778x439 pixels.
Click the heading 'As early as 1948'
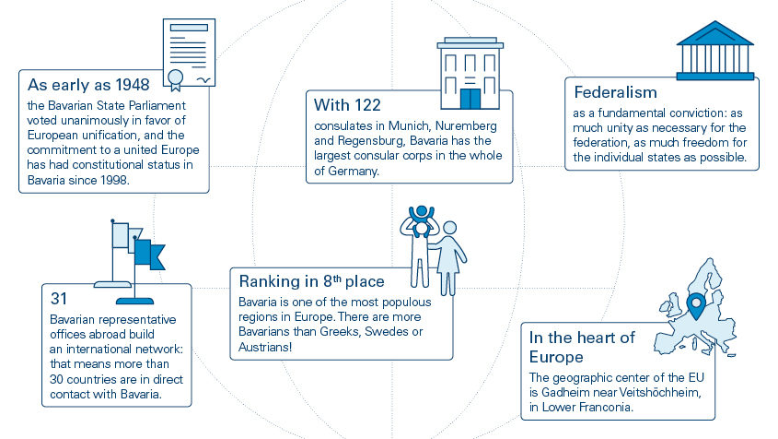click(x=88, y=85)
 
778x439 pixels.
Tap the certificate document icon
click(x=189, y=53)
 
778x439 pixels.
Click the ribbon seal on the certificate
click(x=175, y=80)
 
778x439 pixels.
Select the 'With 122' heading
click(x=347, y=105)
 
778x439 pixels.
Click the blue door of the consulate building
click(x=470, y=99)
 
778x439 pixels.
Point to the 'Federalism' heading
click(x=615, y=92)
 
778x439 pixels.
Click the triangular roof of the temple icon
click(x=715, y=33)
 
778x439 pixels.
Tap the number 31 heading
click(x=59, y=298)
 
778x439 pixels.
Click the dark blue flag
click(x=149, y=254)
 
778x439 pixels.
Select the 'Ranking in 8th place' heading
click(x=311, y=281)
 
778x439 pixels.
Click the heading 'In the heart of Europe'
click(x=582, y=347)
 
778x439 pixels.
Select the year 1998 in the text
click(x=113, y=180)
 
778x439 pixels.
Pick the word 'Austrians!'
click(x=265, y=347)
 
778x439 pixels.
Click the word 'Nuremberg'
click(x=466, y=125)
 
